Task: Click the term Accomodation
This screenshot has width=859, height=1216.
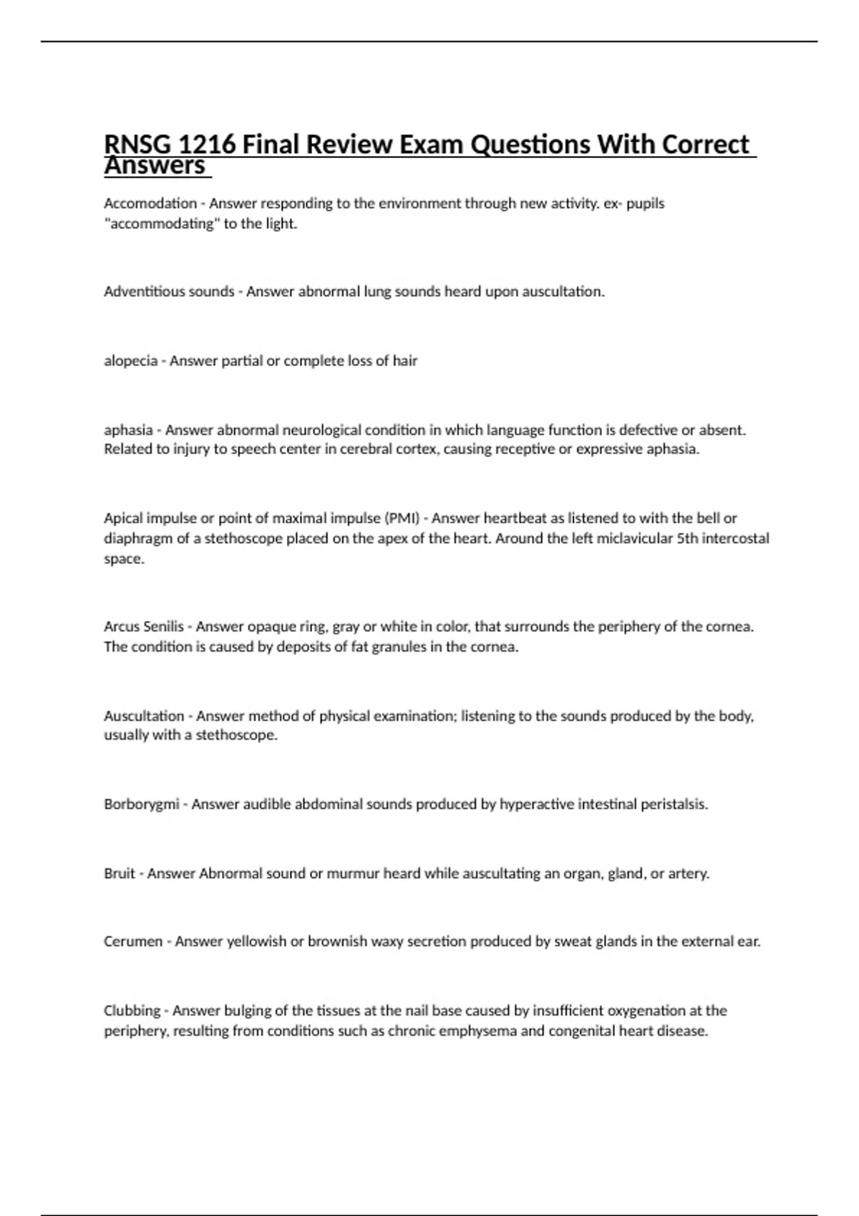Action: [150, 204]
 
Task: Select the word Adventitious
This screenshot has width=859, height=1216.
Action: [145, 292]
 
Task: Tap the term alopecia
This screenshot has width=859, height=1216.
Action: [130, 361]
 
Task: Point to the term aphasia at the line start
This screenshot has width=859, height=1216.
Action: [128, 431]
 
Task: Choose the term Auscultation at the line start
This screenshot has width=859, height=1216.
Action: [144, 716]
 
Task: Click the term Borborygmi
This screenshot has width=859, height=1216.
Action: [141, 805]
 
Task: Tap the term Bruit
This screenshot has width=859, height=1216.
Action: [120, 874]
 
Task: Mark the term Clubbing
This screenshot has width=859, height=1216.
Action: [132, 1011]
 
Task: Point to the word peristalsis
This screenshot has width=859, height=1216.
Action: [674, 805]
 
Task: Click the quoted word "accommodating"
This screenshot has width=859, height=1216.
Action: [162, 224]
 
